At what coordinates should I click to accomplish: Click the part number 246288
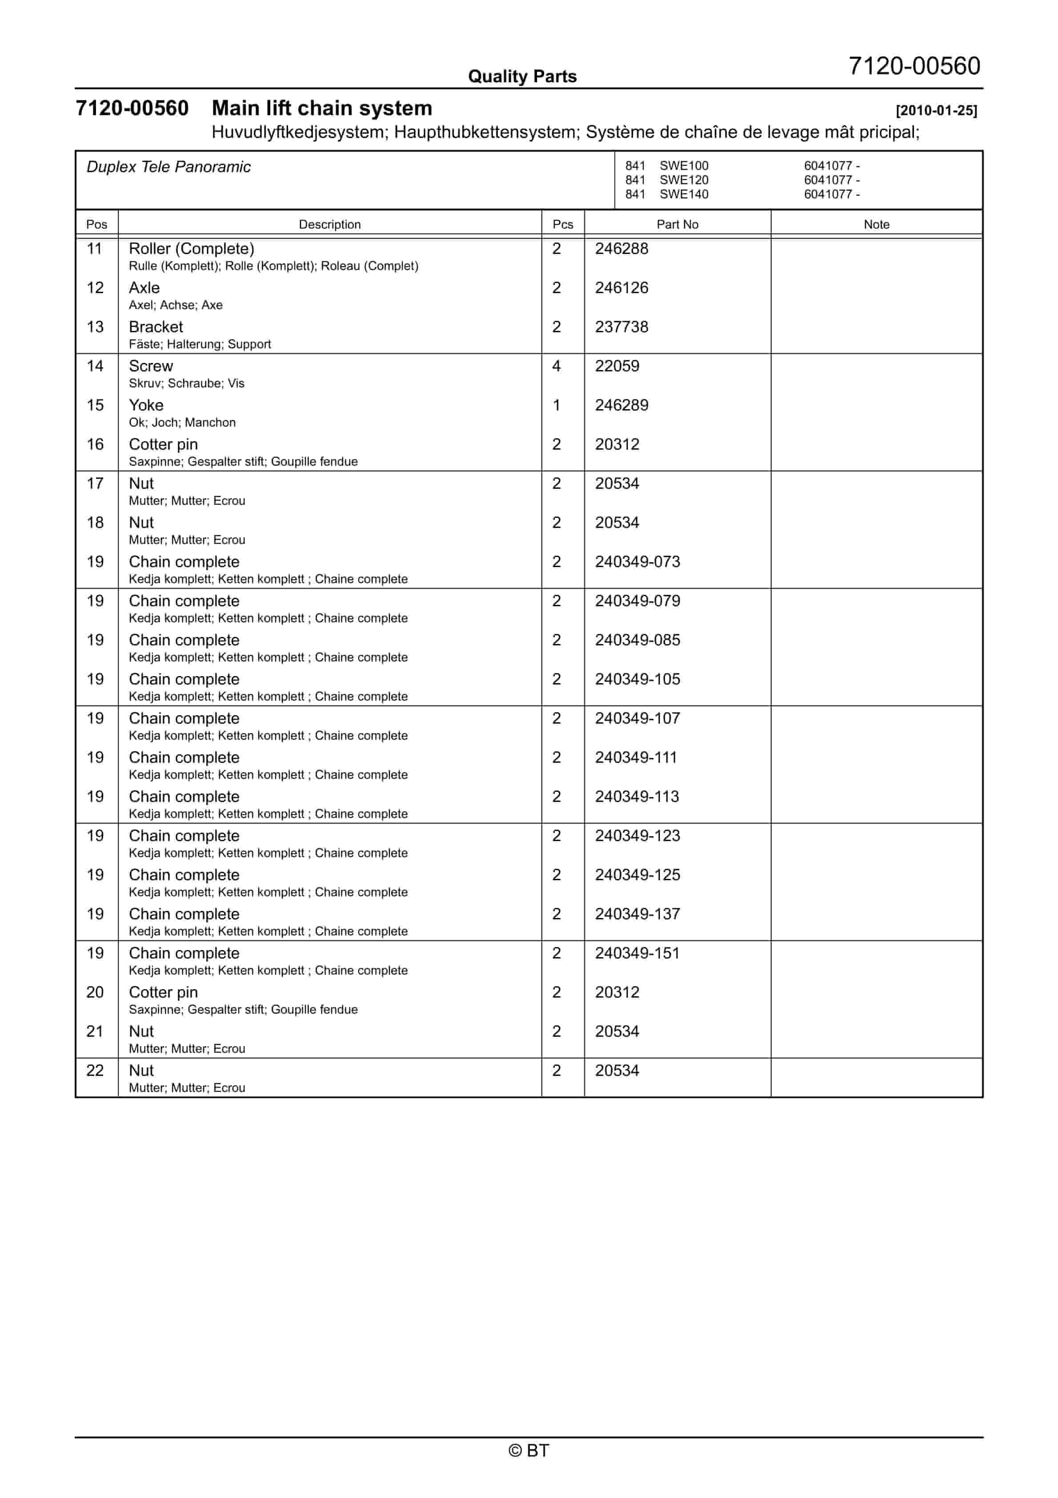621,249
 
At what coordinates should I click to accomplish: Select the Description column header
329,225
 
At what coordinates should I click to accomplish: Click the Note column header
876,225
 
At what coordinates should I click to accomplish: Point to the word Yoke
146,405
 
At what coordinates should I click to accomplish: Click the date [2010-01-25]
936,110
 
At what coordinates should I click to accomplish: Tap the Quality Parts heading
522,77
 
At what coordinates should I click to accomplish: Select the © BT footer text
529,1450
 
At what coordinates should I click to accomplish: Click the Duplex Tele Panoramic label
168,167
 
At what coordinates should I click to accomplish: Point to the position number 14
95,366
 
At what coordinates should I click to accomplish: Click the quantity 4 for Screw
557,366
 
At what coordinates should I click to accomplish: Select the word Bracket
156,327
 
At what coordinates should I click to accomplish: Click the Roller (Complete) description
191,249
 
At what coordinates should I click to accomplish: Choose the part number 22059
617,366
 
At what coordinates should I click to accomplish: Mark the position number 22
95,1071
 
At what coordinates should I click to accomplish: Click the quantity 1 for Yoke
557,405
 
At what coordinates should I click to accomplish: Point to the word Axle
144,288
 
